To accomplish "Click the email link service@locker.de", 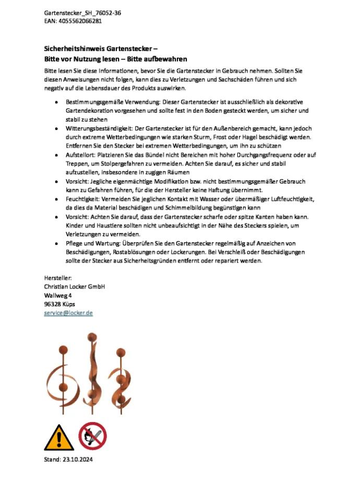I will (x=68, y=313).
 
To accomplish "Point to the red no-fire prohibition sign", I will (x=92, y=436).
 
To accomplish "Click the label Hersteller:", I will (x=58, y=278).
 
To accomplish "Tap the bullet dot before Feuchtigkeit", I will (x=56, y=199).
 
